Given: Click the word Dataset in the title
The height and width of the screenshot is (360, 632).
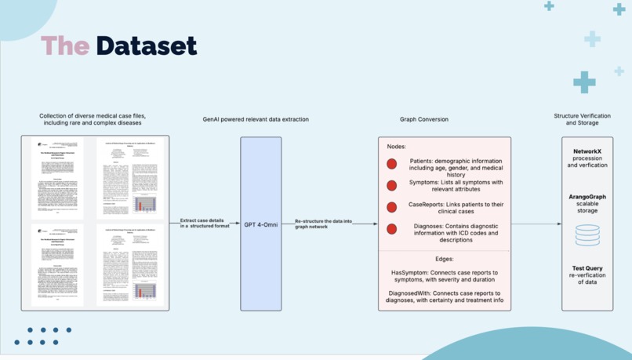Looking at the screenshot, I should (x=146, y=45).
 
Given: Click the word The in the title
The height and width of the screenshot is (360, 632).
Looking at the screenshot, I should (x=65, y=45).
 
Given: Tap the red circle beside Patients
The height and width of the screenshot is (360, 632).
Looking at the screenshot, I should (x=391, y=164).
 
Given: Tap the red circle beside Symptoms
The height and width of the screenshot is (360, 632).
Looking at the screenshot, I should (x=391, y=186).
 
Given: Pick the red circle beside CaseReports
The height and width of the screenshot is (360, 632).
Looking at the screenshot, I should (x=391, y=207).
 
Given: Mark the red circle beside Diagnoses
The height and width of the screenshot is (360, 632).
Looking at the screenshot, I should (x=391, y=229).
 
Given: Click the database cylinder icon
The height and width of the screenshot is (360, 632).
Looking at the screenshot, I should (x=587, y=235).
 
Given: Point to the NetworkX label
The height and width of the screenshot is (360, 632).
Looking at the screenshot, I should (x=587, y=151).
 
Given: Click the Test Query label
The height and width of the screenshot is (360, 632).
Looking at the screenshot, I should (x=587, y=268).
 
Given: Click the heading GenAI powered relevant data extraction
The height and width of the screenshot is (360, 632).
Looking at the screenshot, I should (x=256, y=120).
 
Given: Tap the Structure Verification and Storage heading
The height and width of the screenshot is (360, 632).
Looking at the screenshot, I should (x=582, y=119).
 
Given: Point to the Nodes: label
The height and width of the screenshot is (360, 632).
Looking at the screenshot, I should (x=397, y=147).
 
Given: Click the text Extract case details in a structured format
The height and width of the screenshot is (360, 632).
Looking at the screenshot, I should (x=205, y=224).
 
